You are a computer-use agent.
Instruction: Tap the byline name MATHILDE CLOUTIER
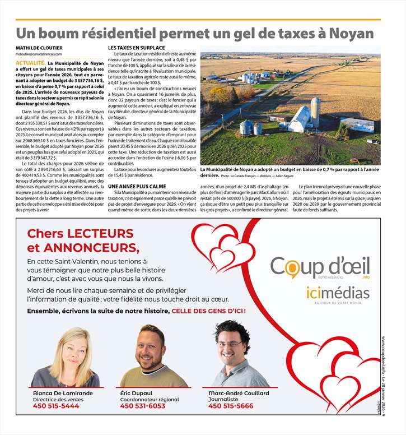[x=39, y=48]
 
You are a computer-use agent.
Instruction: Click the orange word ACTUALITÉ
[x=31, y=63]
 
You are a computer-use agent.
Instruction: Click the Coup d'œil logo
[x=320, y=267]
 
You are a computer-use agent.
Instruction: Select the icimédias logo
[x=338, y=293]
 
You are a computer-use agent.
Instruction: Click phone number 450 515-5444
[x=56, y=406]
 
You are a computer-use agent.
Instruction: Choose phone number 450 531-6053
[x=143, y=406]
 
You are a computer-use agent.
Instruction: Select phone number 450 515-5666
[x=231, y=406]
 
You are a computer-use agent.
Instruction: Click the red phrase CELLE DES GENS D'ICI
[x=208, y=311]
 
